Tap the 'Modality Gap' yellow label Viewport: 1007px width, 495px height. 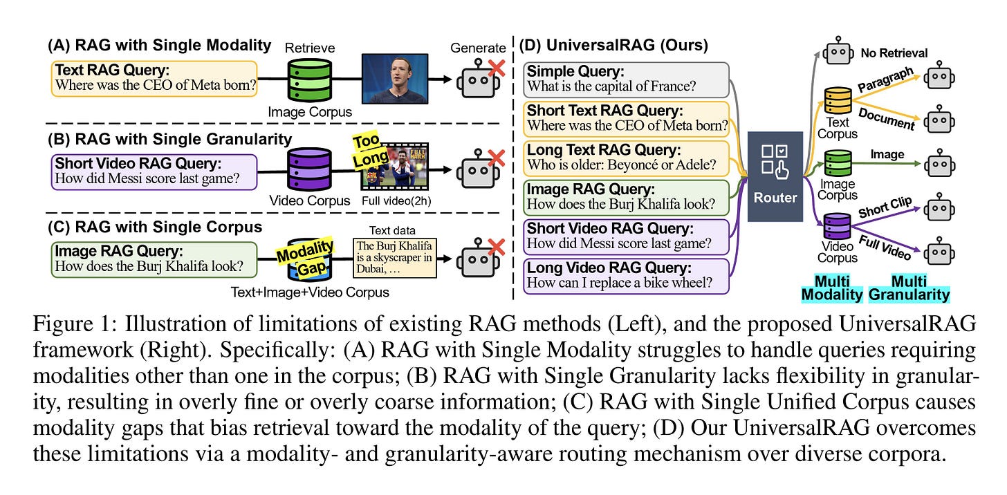305,254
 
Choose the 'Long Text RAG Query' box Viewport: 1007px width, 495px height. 626,158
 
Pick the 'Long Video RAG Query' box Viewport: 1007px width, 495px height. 626,276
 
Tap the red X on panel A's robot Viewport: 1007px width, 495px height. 495,66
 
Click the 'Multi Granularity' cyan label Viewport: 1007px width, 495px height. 909,287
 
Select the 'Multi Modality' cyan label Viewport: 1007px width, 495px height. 832,287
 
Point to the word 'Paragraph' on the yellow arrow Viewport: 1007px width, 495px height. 885,79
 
